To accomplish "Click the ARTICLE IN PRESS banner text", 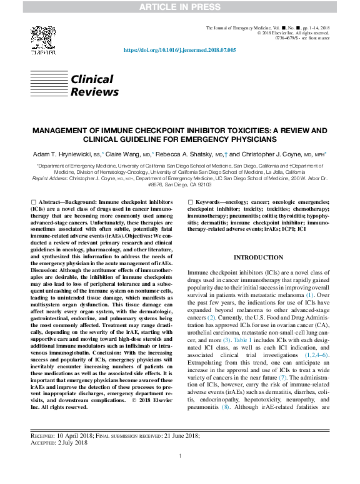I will pyautogui.click(x=179, y=8).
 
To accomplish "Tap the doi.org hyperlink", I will pyautogui.click(x=179, y=50).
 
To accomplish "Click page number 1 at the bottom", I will pyautogui.click(x=180, y=473).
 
